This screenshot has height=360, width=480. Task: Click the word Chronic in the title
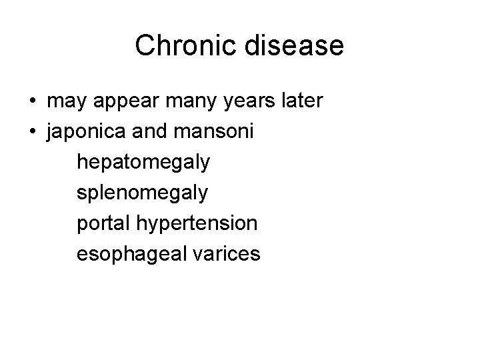(183, 46)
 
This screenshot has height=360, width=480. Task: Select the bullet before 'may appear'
(33, 102)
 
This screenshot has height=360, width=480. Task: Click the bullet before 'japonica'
(33, 133)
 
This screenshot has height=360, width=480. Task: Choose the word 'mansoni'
(221, 133)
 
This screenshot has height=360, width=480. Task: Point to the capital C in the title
(144, 46)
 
